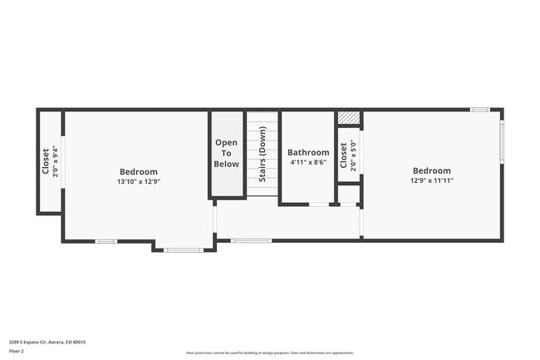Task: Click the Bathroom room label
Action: pos(308,152)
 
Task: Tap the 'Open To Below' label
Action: pos(227,154)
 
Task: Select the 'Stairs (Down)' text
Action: pos(263,155)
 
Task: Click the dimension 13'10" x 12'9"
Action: pos(138,181)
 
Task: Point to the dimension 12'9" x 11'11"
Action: pos(431,180)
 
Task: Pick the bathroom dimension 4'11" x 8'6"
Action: pos(308,162)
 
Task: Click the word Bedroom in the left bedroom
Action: pos(138,172)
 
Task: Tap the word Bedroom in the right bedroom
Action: pos(431,170)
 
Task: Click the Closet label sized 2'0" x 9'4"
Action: pos(46,160)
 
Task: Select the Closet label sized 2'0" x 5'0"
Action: pos(343,155)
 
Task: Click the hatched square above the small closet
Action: pos(348,118)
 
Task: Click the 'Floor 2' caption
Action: pos(16,351)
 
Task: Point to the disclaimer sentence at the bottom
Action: pos(270,353)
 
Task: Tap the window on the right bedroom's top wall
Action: pos(480,110)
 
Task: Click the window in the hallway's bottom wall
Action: pos(251,241)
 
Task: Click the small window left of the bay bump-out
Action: pos(105,241)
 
